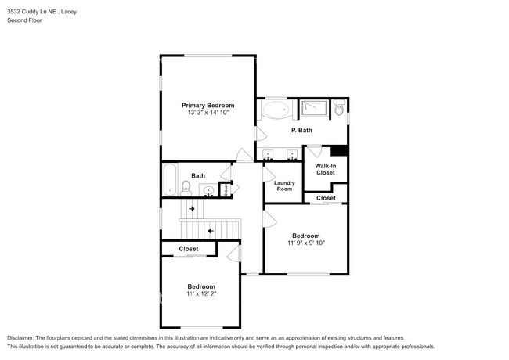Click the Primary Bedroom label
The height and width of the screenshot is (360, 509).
click(x=208, y=106)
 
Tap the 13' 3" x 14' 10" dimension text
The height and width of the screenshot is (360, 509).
click(x=208, y=113)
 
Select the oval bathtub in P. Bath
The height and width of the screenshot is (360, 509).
click(x=276, y=110)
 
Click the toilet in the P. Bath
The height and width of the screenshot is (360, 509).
click(x=339, y=107)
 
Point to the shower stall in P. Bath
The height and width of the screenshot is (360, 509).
click(x=314, y=108)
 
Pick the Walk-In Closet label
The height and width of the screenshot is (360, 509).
click(x=326, y=169)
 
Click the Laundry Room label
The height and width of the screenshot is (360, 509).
click(x=284, y=185)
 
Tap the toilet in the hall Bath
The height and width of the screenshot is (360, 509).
click(x=186, y=189)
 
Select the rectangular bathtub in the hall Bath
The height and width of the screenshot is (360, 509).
click(x=170, y=180)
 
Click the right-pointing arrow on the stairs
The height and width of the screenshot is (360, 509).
click(x=192, y=208)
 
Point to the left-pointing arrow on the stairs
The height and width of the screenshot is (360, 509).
click(x=211, y=231)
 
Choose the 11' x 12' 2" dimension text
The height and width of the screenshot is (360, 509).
click(x=201, y=293)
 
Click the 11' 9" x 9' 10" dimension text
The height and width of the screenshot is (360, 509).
click(x=306, y=243)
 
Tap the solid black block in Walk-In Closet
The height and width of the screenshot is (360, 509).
click(x=339, y=150)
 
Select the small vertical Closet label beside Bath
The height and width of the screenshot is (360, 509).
click(x=226, y=189)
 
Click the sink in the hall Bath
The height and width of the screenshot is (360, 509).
click(x=208, y=190)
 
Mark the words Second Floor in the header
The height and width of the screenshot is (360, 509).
click(x=25, y=20)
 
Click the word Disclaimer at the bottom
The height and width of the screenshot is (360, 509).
click(x=20, y=338)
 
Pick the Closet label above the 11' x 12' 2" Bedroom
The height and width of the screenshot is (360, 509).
click(x=189, y=249)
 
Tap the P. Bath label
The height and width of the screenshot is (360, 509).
click(x=301, y=130)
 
